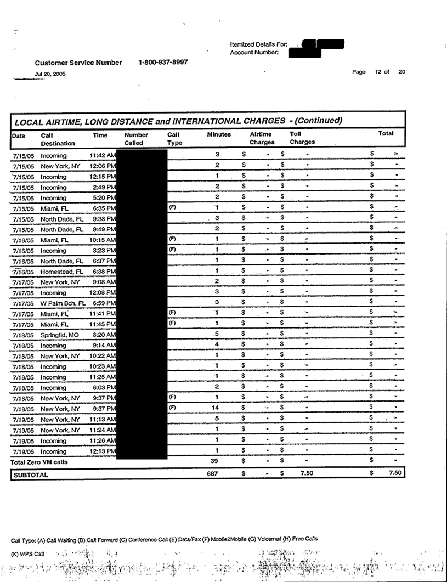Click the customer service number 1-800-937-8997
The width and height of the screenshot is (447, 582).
point(163,62)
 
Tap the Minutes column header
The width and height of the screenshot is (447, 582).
point(219,134)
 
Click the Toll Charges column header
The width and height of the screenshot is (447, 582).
point(302,138)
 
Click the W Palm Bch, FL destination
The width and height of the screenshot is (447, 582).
point(63,303)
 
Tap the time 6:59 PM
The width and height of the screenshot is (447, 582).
point(104,303)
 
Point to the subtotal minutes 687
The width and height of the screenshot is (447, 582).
point(218,474)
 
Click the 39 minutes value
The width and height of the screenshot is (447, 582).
point(218,461)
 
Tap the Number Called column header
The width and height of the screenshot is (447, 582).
point(137,138)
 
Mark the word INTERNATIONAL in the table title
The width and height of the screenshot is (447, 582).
point(216,121)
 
